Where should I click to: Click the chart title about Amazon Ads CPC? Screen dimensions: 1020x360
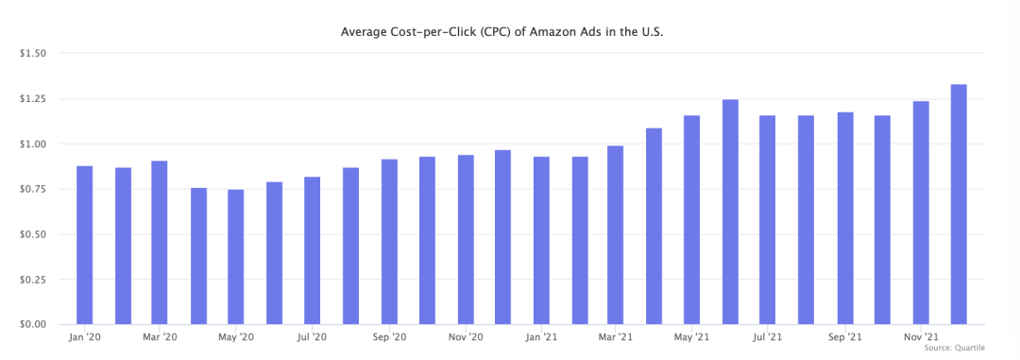pyautogui.click(x=502, y=31)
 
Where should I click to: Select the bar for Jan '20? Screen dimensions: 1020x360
pyautogui.click(x=85, y=245)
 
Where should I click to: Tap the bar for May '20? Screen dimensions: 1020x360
pyautogui.click(x=236, y=256)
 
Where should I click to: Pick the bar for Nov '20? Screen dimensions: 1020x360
pyautogui.click(x=465, y=240)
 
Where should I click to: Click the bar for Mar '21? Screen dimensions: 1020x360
pyautogui.click(x=616, y=235)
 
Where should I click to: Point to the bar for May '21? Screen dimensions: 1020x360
pyautogui.click(x=691, y=220)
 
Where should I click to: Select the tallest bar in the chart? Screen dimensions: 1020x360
pyautogui.click(x=959, y=204)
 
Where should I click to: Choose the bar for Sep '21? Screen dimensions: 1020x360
pyautogui.click(x=844, y=218)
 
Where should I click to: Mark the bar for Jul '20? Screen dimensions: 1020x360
pyautogui.click(x=313, y=250)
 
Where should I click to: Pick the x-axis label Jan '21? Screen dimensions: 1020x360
pyautogui.click(x=541, y=337)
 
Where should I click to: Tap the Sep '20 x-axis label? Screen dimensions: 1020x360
pyautogui.click(x=389, y=337)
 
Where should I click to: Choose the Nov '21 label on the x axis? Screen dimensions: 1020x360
pyautogui.click(x=921, y=337)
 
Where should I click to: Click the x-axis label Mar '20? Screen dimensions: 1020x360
pyautogui.click(x=160, y=337)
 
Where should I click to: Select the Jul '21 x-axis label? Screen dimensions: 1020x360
pyautogui.click(x=768, y=337)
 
